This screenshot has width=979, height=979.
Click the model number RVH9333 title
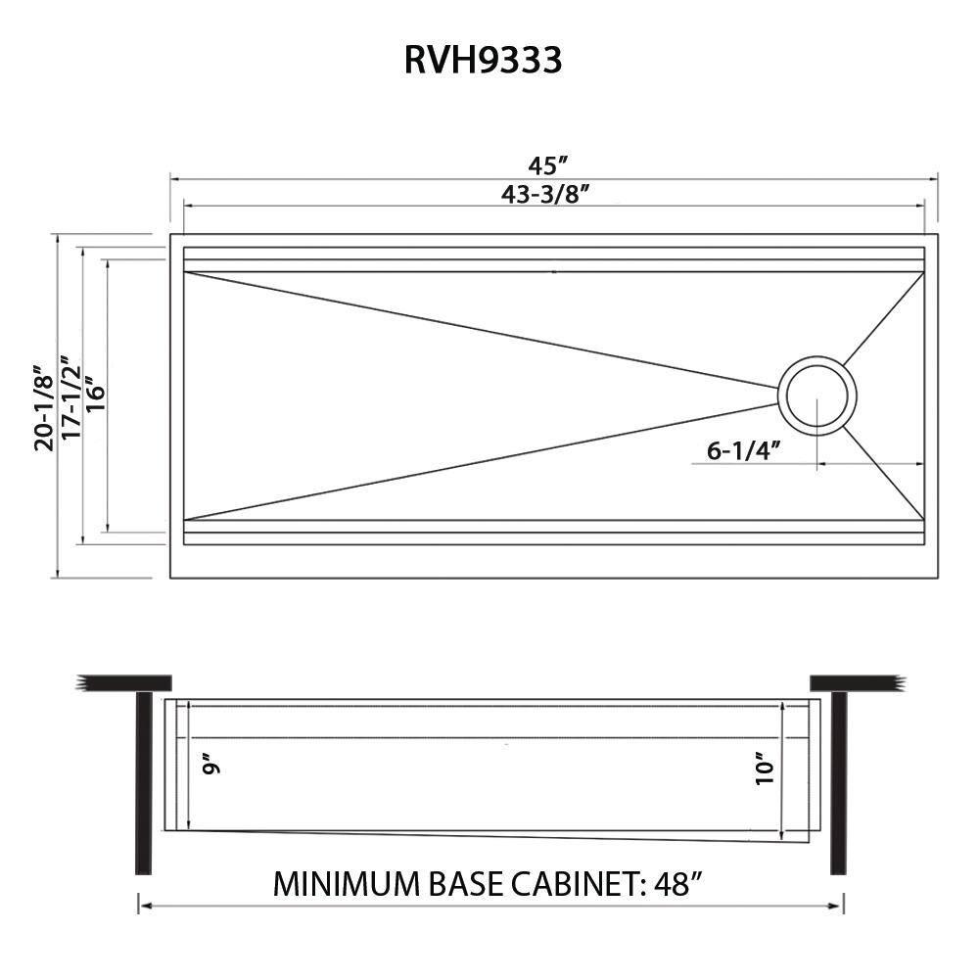coord(483,61)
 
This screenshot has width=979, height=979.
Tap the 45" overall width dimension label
coord(550,165)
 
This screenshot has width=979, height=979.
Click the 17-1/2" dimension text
coord(70,401)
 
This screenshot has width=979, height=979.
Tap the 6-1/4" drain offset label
coord(742,450)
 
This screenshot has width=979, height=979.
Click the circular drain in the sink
coord(817,396)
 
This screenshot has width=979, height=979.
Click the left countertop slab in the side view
coord(125,682)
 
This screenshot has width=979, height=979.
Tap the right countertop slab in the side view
coord(854,682)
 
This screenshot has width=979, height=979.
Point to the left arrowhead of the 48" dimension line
coord(143,907)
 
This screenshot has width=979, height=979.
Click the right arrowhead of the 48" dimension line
coord(839,907)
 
